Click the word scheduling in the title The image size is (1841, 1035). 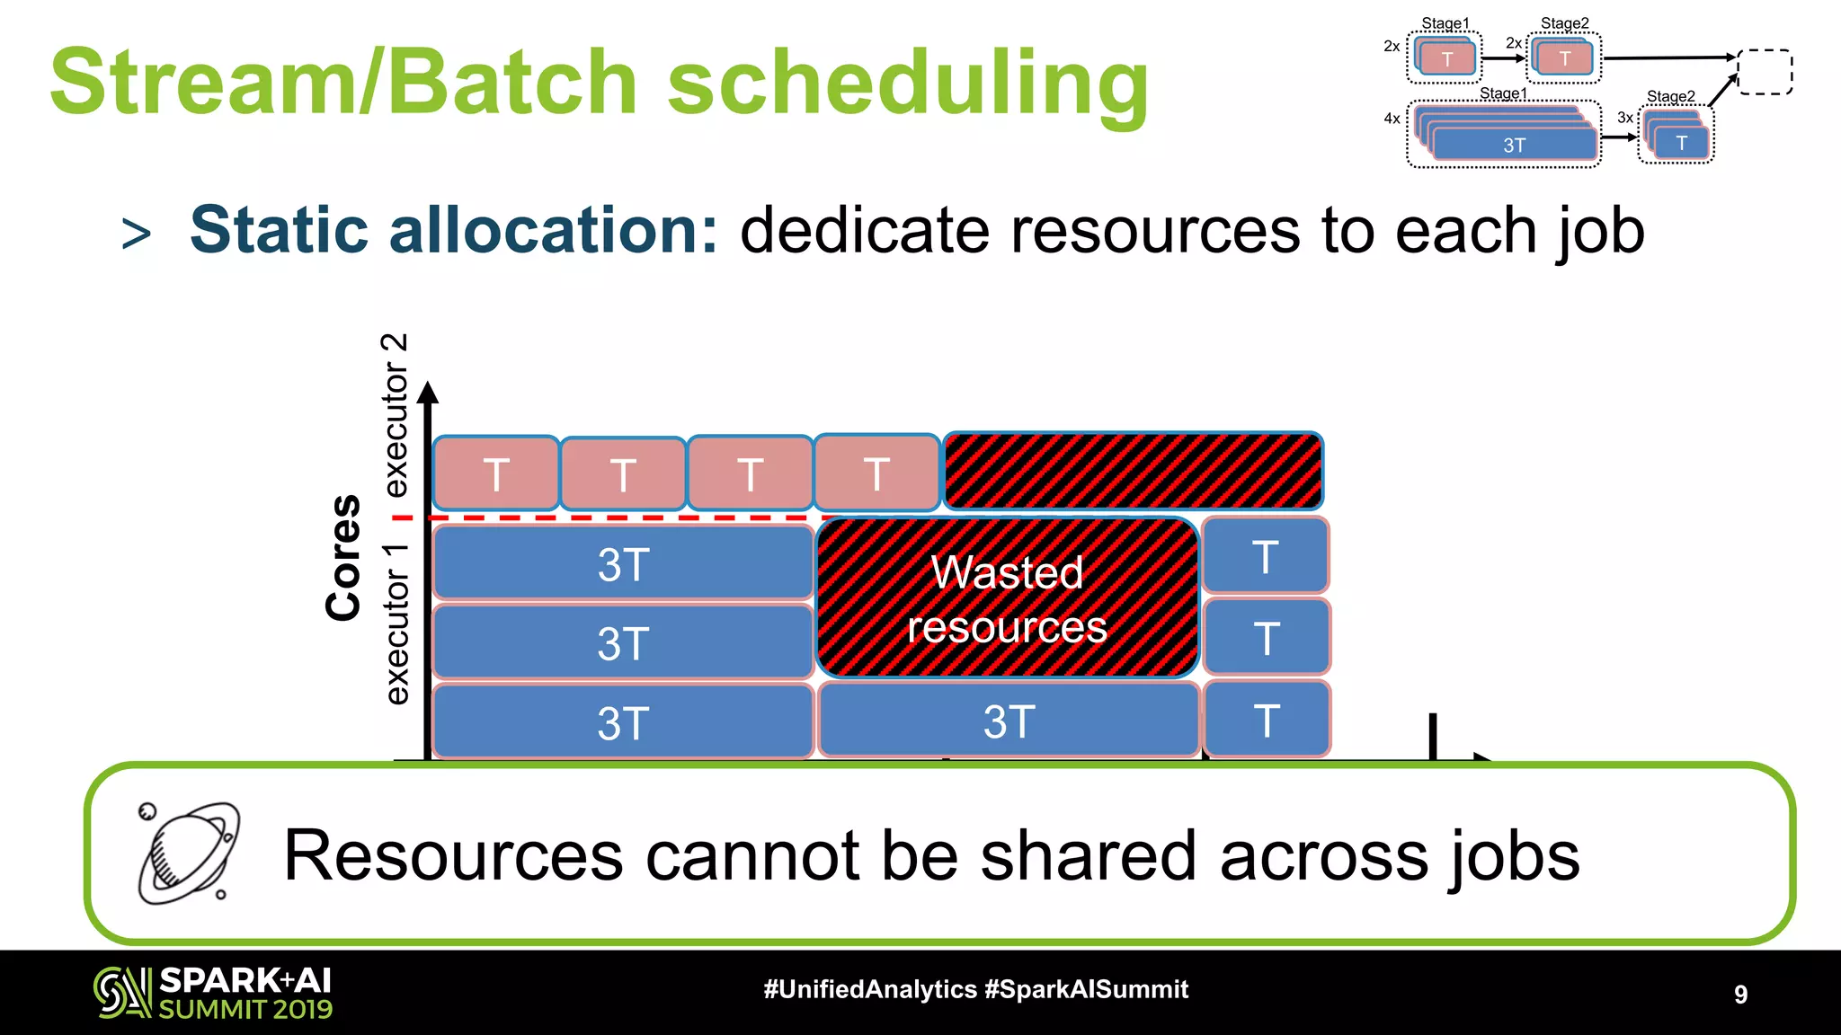click(908, 83)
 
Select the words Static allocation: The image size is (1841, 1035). click(454, 230)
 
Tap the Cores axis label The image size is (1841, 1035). click(343, 557)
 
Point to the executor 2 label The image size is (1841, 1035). click(396, 415)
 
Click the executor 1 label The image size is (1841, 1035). click(396, 624)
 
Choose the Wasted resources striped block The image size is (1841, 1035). click(1007, 598)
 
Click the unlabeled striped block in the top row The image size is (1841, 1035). click(1133, 471)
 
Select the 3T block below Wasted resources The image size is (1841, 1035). click(1009, 721)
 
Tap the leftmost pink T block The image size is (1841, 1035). click(495, 473)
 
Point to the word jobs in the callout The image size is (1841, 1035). click(1515, 856)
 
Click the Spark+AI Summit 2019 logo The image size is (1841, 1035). click(213, 993)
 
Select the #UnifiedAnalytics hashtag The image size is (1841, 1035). click(869, 989)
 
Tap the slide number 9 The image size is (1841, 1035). click(1740, 994)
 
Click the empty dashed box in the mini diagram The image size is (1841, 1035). click(1765, 72)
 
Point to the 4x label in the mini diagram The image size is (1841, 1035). click(1392, 119)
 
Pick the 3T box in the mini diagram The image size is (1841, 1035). click(1514, 145)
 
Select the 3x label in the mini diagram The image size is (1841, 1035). click(1625, 118)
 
